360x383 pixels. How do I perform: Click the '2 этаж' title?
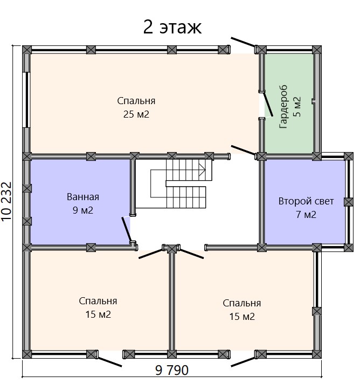tap(172, 27)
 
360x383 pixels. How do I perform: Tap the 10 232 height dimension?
tap(6, 202)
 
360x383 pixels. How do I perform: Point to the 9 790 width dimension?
tap(172, 370)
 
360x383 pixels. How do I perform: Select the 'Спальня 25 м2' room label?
tap(136, 107)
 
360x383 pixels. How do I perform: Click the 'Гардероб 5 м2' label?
tap(290, 107)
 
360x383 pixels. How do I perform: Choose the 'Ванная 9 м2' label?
tap(83, 203)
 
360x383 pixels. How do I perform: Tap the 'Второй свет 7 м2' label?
tap(306, 208)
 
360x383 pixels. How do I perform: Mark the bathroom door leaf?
tap(127, 229)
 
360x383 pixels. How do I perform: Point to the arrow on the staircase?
tap(202, 169)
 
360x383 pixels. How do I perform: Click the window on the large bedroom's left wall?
tap(26, 99)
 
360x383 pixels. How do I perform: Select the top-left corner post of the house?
tap(27, 50)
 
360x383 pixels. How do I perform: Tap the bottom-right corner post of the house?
tap(317, 354)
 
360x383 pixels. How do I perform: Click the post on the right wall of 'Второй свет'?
tap(349, 202)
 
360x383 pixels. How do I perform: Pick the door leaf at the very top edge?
tap(243, 42)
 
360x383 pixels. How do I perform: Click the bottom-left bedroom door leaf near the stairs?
tap(150, 254)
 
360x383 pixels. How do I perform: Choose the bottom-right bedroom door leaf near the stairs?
tap(192, 254)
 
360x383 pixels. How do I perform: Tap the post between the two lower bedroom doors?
tap(171, 249)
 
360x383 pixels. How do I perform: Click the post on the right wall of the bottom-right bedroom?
tap(317, 311)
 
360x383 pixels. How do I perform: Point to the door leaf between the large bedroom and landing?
tap(243, 150)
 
